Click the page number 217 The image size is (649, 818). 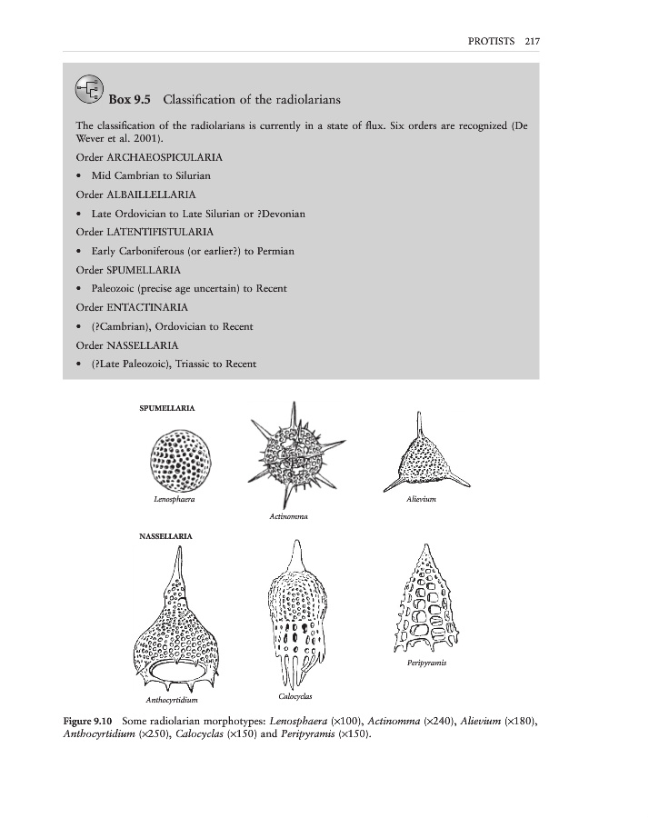pyautogui.click(x=533, y=41)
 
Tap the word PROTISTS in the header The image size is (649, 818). pyautogui.click(x=492, y=41)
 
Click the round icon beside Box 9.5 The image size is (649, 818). pyautogui.click(x=89, y=88)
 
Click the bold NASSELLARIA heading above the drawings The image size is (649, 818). pyautogui.click(x=165, y=537)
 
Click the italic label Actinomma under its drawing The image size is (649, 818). pyautogui.click(x=289, y=516)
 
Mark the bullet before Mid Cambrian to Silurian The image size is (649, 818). pyautogui.click(x=82, y=176)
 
